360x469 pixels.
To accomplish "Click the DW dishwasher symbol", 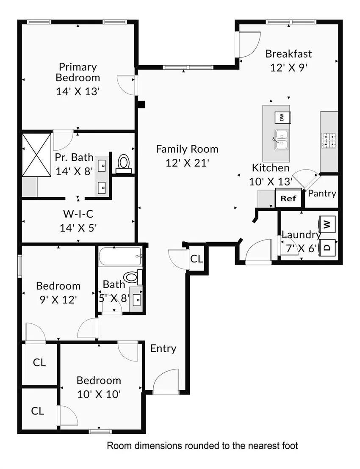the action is [282, 117].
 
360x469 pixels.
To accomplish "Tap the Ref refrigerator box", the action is [288, 198].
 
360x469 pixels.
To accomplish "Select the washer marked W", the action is [327, 224].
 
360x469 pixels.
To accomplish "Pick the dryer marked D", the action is [327, 248].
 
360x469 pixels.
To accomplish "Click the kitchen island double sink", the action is [282, 140].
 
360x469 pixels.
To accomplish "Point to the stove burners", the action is [329, 141].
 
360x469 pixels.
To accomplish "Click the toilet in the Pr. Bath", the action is [123, 163].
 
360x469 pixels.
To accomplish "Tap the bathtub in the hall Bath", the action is [120, 257].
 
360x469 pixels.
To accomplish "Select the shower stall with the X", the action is [36, 155].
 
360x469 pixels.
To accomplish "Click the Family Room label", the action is [187, 149].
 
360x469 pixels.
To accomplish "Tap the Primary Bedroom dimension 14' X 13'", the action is [78, 91].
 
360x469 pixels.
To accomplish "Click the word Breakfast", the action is [288, 54].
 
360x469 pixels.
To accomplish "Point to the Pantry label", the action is [322, 193].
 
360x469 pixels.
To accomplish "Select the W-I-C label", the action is [78, 214].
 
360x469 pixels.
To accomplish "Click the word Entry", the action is [163, 348].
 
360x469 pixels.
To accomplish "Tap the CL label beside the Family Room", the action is [197, 259].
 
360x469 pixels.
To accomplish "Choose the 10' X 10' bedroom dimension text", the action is [99, 394].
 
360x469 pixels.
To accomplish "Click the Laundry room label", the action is [301, 235].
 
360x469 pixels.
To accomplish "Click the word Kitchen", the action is [271, 168].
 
